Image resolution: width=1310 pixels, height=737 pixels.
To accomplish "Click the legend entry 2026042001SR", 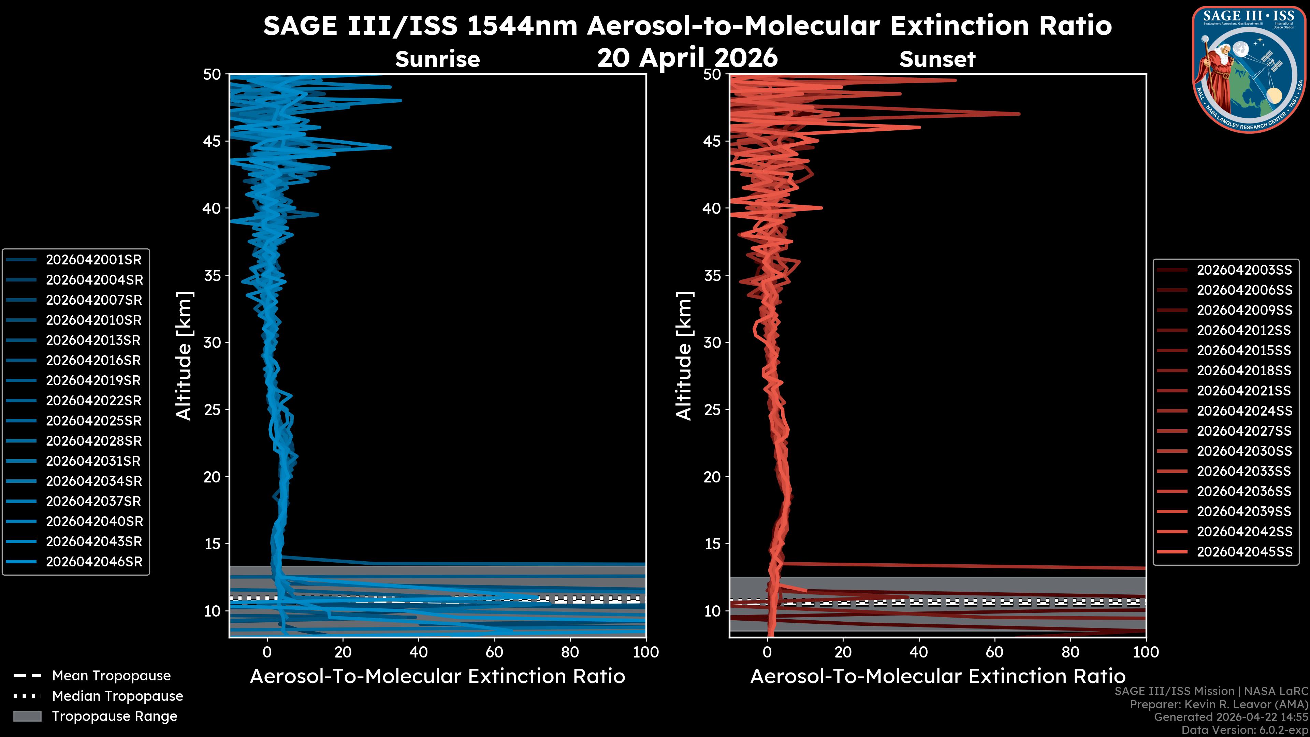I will tap(93, 260).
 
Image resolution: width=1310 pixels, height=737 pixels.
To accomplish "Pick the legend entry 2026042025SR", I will tap(93, 421).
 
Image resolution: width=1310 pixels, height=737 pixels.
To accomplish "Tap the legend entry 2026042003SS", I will tap(1244, 270).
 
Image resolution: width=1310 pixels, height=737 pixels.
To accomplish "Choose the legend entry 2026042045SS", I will tap(1244, 552).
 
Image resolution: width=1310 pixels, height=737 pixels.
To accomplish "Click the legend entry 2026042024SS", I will tap(1244, 411).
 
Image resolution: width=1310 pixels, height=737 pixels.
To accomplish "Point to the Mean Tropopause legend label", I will tap(111, 676).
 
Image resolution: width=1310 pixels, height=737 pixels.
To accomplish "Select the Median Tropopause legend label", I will tap(117, 696).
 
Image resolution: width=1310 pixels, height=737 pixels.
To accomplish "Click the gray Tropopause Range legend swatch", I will tap(27, 716).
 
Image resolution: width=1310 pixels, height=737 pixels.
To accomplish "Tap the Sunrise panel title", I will tap(437, 59).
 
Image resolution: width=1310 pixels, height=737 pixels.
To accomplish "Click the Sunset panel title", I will tap(937, 59).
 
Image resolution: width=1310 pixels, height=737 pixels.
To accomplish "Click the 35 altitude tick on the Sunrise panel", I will tap(212, 276).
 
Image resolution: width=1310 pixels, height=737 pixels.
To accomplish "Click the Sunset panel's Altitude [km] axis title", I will tap(684, 356).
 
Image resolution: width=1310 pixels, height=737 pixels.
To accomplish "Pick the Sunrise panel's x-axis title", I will tap(437, 677).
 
